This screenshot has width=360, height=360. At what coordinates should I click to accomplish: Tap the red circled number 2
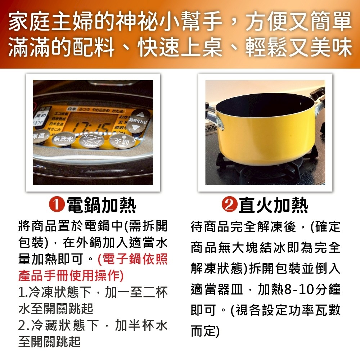tap(230, 205)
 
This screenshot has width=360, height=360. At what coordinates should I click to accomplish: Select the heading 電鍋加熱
tap(102, 206)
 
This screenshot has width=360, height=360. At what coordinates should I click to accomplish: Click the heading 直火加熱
tap(273, 206)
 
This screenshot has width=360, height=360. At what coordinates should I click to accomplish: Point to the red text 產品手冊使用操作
tap(70, 276)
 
